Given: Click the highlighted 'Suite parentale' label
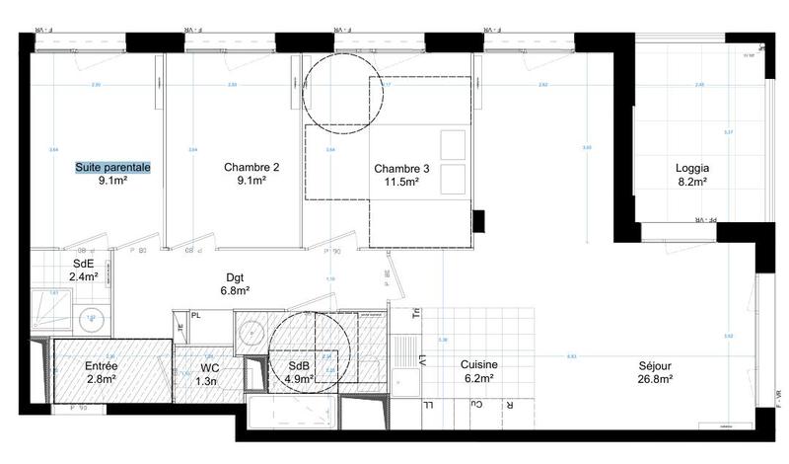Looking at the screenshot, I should coord(113,168).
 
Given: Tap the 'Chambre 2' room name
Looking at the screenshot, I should coord(251,168).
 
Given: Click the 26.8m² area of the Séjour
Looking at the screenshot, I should coord(654,378).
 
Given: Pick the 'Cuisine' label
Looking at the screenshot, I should coord(480,364).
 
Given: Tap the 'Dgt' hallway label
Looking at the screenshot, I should coord(235,277).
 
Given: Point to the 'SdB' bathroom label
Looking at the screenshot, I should coord(298,365).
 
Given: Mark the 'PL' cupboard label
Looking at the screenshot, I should coord(197,316).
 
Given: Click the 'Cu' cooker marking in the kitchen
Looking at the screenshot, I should coord(477,404).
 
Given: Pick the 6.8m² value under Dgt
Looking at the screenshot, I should coord(235,291).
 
